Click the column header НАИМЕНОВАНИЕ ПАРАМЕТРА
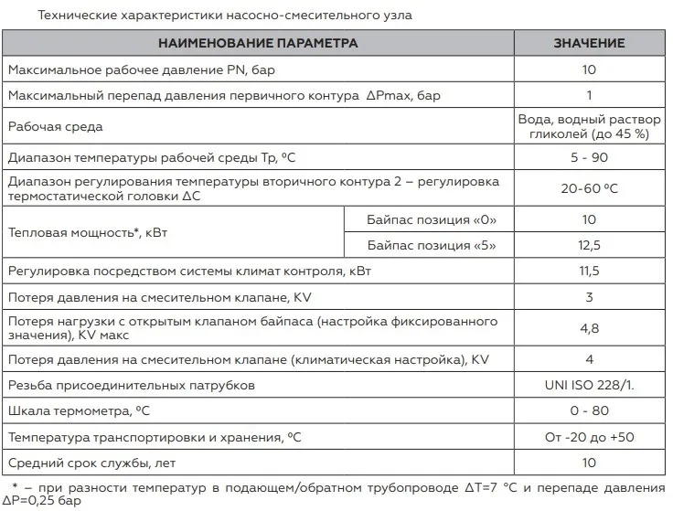click(x=258, y=43)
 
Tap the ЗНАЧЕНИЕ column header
click(x=589, y=43)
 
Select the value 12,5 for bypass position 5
click(x=589, y=245)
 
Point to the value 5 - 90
click(x=589, y=157)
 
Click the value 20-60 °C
click(x=589, y=188)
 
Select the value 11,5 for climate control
click(x=589, y=271)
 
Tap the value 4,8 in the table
click(x=589, y=328)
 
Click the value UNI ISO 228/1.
click(x=589, y=385)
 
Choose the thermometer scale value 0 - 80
click(x=589, y=411)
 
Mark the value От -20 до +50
click(x=589, y=437)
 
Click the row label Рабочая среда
click(x=55, y=126)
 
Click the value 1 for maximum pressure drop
click(x=589, y=95)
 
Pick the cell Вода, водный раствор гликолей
click(x=589, y=126)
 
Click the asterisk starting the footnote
click(x=16, y=485)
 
